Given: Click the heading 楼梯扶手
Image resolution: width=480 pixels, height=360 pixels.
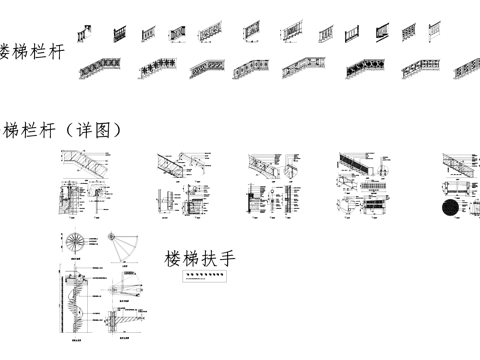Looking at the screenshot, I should click(200, 260).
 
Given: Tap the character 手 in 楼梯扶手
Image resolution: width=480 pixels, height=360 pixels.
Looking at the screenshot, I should click(227, 260).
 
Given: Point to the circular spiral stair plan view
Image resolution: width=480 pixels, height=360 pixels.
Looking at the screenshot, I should click(76, 243).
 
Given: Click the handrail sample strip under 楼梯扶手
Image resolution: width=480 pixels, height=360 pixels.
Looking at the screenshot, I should click(203, 281).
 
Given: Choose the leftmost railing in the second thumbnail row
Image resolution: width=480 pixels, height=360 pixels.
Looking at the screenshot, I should click(95, 70).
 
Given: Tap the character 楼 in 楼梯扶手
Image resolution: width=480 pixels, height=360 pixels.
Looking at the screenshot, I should click(174, 260).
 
